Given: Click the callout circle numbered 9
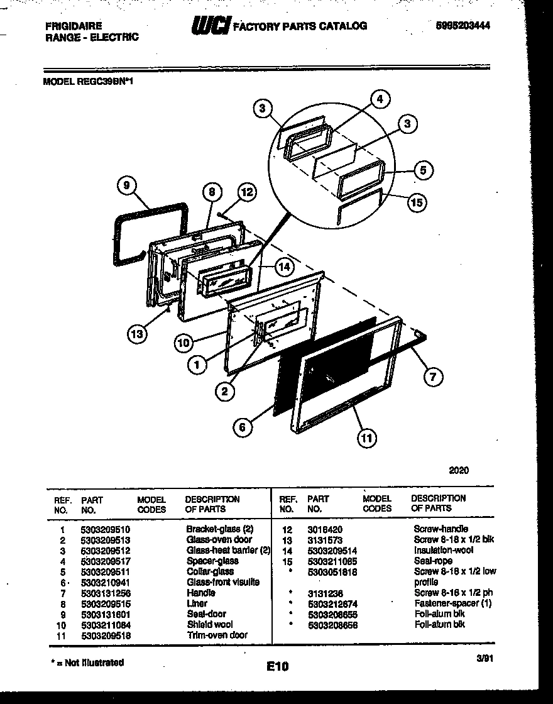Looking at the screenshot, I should pos(127,185).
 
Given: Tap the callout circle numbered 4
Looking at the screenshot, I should pos(379,99).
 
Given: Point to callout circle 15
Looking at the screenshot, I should pos(416,202).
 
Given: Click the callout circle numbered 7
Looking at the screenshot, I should pos(432,377).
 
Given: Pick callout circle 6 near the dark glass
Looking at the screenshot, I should pos(242,427).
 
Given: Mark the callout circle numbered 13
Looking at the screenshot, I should pos(136,334).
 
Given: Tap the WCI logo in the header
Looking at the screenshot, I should pos(211,26).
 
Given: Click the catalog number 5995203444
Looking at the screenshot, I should pos(463,26).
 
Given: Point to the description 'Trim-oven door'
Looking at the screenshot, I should pos(217,635).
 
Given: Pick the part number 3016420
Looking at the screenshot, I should pos(325,529).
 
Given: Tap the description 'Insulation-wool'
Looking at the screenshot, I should pos(443,551).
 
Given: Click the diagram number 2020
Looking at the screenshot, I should pos(459,470).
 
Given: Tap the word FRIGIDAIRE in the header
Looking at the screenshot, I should pos(74,26).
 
